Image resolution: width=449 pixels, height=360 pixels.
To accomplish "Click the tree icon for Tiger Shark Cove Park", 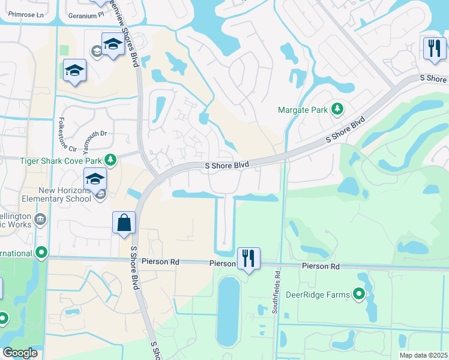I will (110, 160).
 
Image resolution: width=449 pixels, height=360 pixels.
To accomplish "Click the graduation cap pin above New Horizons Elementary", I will (95, 178).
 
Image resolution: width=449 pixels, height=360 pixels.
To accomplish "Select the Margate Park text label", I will (303, 110).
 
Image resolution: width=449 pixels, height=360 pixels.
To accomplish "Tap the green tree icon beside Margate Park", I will (337, 109).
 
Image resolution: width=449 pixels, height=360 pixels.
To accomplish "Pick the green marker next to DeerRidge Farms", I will (359, 294).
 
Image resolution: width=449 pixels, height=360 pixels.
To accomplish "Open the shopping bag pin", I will (124, 223).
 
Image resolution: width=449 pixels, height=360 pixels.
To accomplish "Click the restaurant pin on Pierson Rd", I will (249, 259).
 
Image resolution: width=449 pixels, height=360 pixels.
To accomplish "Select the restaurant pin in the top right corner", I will (435, 49).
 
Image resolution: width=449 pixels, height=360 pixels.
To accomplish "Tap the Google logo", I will (20, 353).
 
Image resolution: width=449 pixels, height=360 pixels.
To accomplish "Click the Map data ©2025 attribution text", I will (423, 355).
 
